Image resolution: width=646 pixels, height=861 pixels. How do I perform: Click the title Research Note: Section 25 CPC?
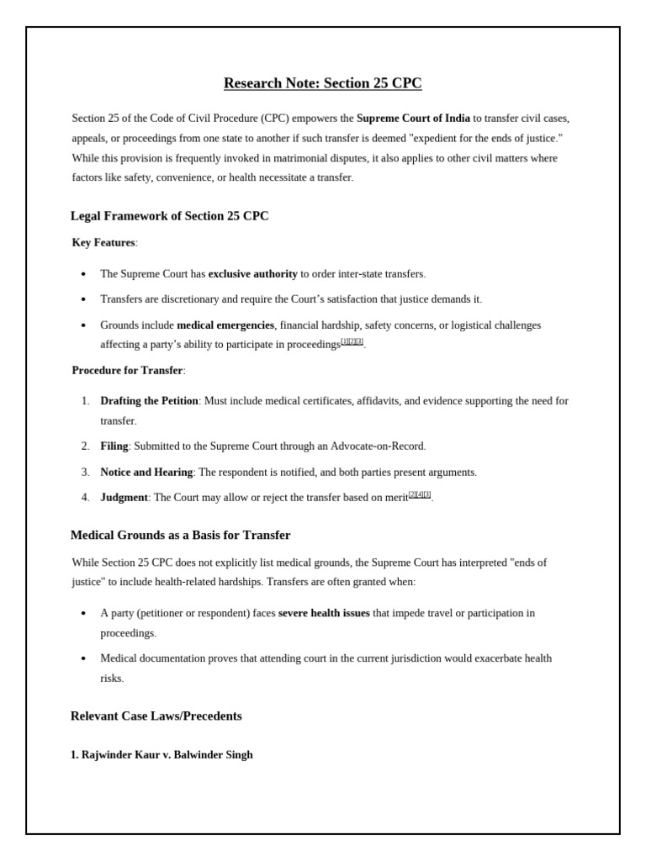(x=322, y=83)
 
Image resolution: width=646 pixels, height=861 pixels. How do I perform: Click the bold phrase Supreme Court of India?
(x=413, y=119)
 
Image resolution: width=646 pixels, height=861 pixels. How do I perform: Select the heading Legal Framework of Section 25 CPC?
(x=169, y=216)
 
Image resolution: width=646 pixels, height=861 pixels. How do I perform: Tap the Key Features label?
(x=103, y=243)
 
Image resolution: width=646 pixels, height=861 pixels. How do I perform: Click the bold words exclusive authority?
(x=252, y=274)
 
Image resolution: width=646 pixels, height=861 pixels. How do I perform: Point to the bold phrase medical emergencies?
(x=225, y=325)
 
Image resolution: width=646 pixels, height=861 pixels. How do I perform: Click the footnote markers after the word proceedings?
(x=352, y=342)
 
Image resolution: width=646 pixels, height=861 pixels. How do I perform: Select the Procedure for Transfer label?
(x=127, y=371)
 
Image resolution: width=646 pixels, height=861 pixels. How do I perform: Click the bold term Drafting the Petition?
(x=149, y=401)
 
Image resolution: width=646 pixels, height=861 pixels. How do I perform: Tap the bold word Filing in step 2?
(x=114, y=446)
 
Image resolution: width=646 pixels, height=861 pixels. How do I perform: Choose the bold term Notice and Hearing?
(x=146, y=473)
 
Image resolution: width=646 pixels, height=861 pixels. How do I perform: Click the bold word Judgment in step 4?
(x=124, y=498)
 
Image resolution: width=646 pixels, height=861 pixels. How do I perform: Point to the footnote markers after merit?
(x=420, y=495)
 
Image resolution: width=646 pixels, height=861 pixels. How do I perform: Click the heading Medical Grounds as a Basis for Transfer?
(x=180, y=536)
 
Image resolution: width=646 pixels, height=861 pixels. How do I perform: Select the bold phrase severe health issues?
(x=324, y=614)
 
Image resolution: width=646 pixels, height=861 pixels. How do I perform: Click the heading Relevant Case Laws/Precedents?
(x=156, y=716)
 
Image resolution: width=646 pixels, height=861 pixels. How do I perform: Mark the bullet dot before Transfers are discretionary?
(x=83, y=300)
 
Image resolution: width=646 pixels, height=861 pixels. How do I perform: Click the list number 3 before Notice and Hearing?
(x=86, y=473)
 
